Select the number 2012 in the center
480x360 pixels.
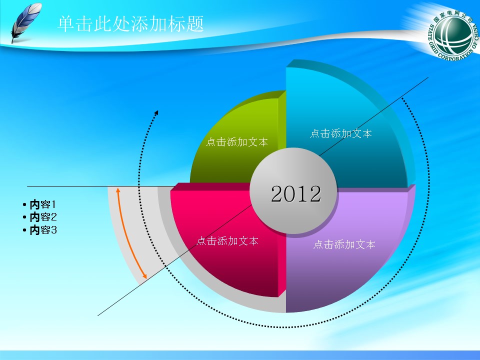[x=295, y=194]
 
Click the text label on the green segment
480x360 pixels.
[x=236, y=142]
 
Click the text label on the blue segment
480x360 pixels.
[x=340, y=133]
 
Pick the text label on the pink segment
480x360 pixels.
[x=227, y=241]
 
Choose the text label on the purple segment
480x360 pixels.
[x=344, y=244]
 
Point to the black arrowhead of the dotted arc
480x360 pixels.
[x=156, y=112]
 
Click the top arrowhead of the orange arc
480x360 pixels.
[x=117, y=189]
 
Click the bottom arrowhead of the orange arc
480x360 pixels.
[x=145, y=276]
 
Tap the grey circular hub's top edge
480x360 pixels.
[x=293, y=149]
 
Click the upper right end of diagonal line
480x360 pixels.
[x=428, y=77]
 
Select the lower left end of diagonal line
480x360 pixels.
[x=98, y=315]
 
